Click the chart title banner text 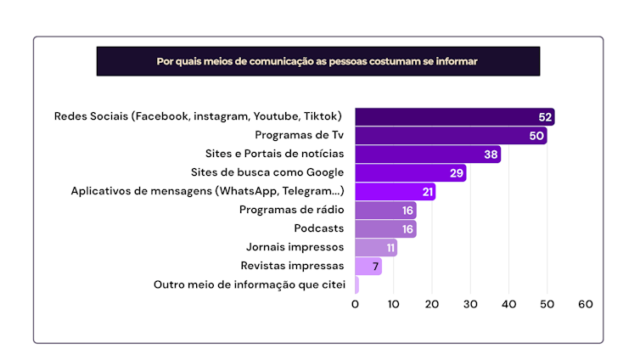(317, 61)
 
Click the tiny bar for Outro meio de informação (357, 285)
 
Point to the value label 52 (545, 117)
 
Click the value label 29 (457, 173)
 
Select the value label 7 (375, 267)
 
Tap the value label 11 (390, 248)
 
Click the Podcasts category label (319, 228)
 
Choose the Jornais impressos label (295, 247)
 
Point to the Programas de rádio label (292, 210)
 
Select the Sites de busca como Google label (275, 172)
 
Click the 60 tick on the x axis (585, 304)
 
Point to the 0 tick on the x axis (356, 304)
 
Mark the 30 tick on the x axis (470, 304)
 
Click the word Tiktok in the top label (324, 116)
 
